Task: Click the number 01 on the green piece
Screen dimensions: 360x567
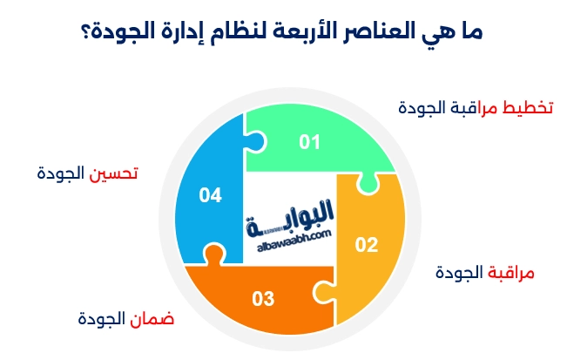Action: point(310,141)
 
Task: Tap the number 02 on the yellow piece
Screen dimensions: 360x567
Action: point(367,245)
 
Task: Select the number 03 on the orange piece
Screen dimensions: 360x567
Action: point(263,299)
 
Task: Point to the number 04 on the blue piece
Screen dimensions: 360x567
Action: point(210,196)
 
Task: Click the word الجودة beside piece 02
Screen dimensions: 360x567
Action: point(459,272)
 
